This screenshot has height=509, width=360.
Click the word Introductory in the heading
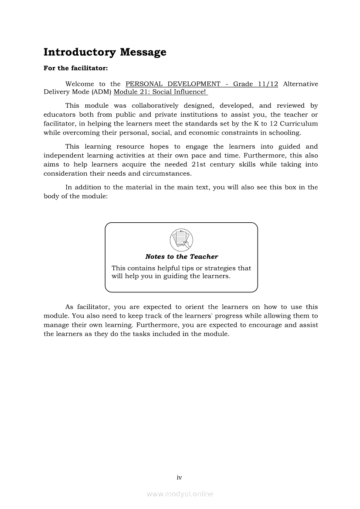point(80,52)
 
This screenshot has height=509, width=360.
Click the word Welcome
point(79,84)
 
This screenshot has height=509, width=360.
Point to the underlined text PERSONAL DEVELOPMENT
point(173,84)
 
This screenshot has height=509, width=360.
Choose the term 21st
point(201,165)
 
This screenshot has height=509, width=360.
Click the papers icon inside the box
point(181,239)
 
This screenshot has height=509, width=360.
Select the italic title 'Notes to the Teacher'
point(181,257)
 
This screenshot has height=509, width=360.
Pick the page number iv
point(179,478)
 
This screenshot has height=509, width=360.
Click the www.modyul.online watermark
point(180,494)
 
